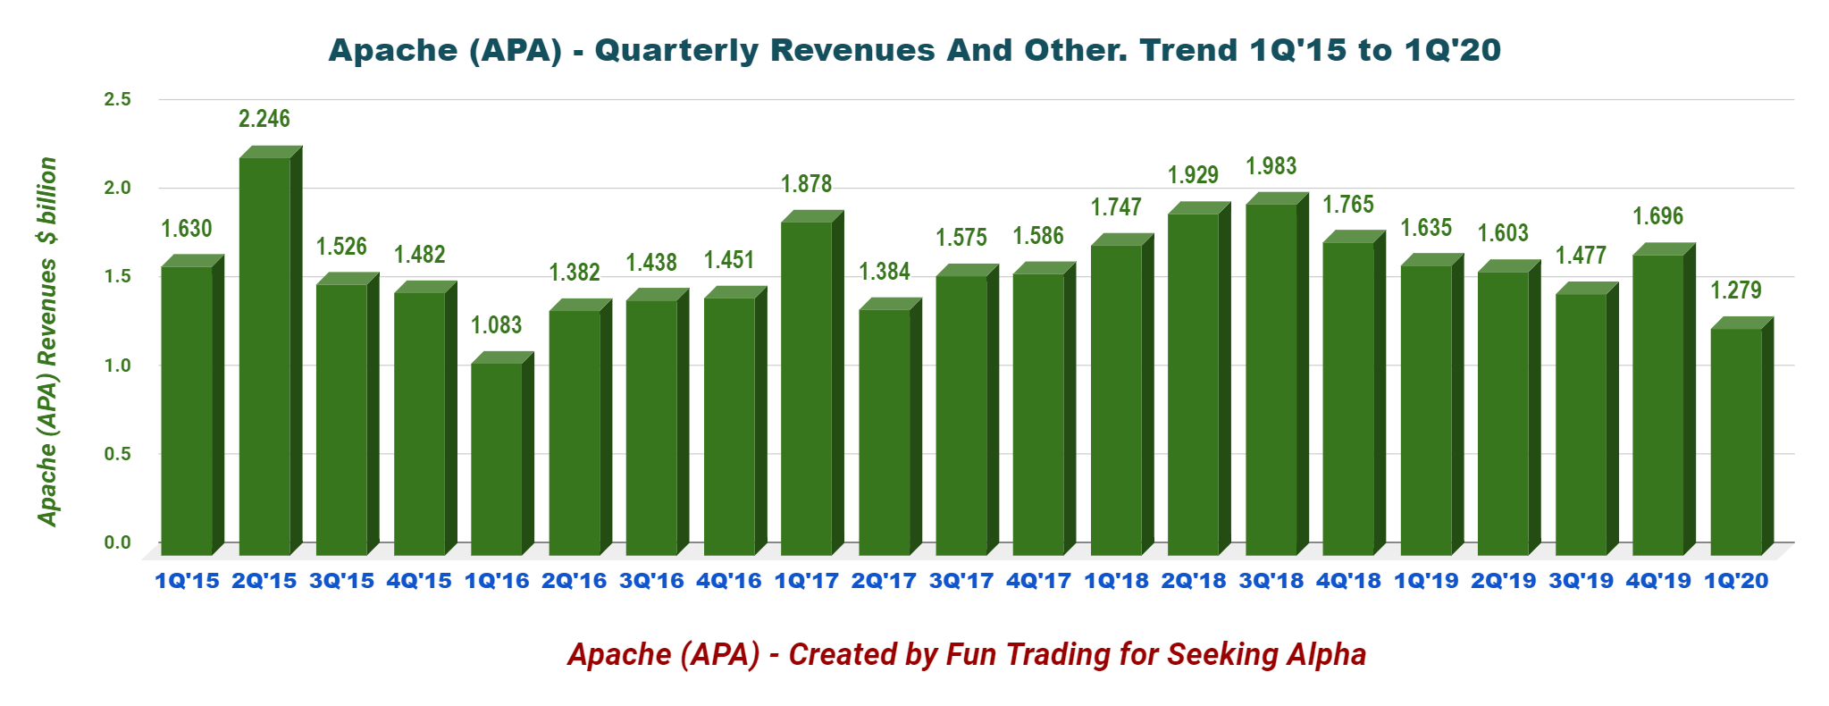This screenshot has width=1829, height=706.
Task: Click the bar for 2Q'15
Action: tap(264, 357)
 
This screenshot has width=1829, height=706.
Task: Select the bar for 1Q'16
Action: tap(497, 460)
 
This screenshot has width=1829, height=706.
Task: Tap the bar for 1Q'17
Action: tap(806, 389)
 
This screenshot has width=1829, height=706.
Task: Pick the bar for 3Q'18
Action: tap(1271, 380)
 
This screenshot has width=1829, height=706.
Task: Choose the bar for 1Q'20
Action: tap(1735, 442)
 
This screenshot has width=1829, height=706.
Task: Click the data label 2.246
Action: tap(264, 119)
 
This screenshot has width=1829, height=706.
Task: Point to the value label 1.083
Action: tap(497, 325)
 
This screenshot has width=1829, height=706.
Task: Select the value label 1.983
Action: tap(1271, 166)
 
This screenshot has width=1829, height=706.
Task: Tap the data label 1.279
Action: tap(1735, 290)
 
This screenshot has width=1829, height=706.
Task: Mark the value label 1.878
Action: tap(806, 184)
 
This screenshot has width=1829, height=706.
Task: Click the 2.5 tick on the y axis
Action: tap(117, 99)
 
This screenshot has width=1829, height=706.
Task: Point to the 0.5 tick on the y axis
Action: tap(117, 454)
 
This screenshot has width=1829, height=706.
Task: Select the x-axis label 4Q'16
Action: tap(729, 582)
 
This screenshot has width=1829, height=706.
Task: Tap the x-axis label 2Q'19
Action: tap(1503, 582)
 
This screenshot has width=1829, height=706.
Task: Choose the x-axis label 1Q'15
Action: tap(187, 582)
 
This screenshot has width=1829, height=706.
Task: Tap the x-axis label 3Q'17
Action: tap(961, 582)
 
